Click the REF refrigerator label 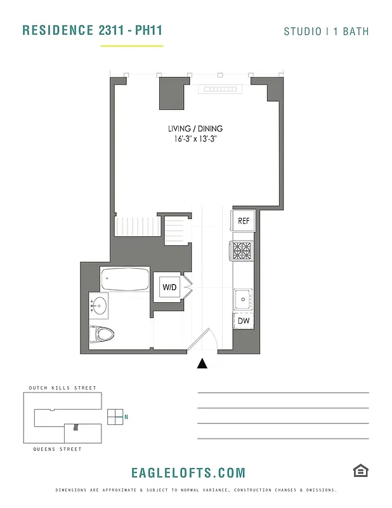coord(243,221)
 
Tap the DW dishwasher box coord(243,321)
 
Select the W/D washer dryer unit coord(170,288)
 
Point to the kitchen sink coord(242,298)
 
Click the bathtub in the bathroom coord(125,279)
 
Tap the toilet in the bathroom coord(103,333)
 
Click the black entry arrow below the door coord(202,363)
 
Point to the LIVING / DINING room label coord(195,128)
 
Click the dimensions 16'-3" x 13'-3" coord(195,138)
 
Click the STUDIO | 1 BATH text coord(326,31)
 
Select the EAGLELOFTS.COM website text coord(188,472)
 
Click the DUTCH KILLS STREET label coord(62,388)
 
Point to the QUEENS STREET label coord(57,449)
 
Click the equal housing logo coord(361,471)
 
